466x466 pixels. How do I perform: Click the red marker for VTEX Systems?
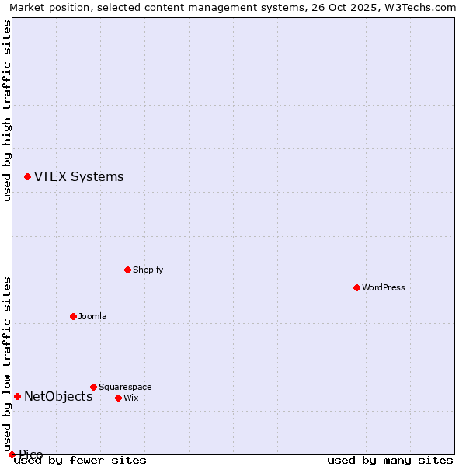coord(27,177)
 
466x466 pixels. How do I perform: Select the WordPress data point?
coord(356,287)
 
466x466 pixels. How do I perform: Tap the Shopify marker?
coord(127,270)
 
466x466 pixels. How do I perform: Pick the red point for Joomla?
coord(73,316)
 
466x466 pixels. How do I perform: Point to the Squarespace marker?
coord(93,387)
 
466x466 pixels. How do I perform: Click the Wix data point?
coord(118,398)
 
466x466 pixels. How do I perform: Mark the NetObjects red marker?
coord(17,396)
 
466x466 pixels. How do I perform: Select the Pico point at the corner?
coord(12,454)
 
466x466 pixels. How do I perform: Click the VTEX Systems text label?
coord(78,176)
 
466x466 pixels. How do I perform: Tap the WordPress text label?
coord(383,287)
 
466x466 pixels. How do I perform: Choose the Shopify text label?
coord(148,270)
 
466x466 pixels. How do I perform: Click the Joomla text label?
coord(92,316)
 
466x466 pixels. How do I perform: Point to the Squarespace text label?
coord(125,387)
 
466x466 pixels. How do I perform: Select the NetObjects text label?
coord(58,396)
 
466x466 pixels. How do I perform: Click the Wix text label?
coord(130,398)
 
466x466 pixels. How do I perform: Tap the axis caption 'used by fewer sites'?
coord(80,460)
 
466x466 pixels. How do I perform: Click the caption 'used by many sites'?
coord(390,460)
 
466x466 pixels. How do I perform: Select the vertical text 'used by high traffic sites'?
coord(7,110)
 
